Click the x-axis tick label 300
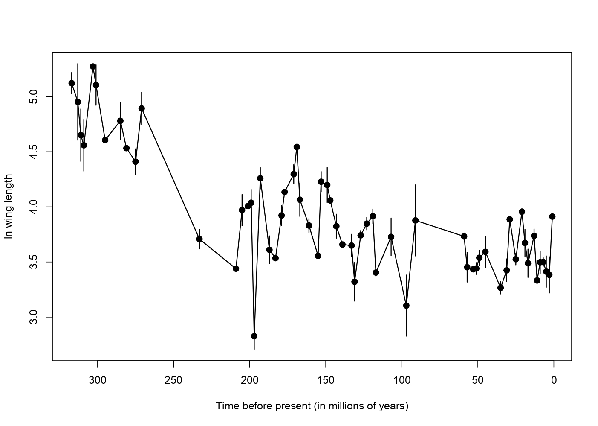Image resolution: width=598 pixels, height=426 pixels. [x=97, y=381]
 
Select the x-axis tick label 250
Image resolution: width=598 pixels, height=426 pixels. [x=173, y=381]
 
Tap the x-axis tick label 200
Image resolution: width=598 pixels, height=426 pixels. [x=250, y=381]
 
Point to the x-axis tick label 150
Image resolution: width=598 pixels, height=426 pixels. [x=326, y=381]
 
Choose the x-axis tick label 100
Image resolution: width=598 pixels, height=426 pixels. [x=402, y=381]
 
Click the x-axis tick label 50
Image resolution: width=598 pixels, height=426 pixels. [x=478, y=381]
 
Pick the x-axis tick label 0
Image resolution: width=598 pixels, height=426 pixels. [x=554, y=381]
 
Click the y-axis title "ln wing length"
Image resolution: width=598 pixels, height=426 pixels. [x=9, y=207]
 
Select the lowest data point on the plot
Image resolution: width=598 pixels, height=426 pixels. [x=254, y=336]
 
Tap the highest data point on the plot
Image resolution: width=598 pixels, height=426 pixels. [x=93, y=67]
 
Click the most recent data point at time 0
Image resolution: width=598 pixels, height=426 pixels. [x=552, y=216]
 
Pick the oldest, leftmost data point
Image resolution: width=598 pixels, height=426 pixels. [x=72, y=83]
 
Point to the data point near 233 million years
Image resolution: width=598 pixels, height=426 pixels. [x=199, y=239]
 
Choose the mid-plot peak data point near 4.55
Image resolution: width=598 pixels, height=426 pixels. [x=297, y=147]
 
